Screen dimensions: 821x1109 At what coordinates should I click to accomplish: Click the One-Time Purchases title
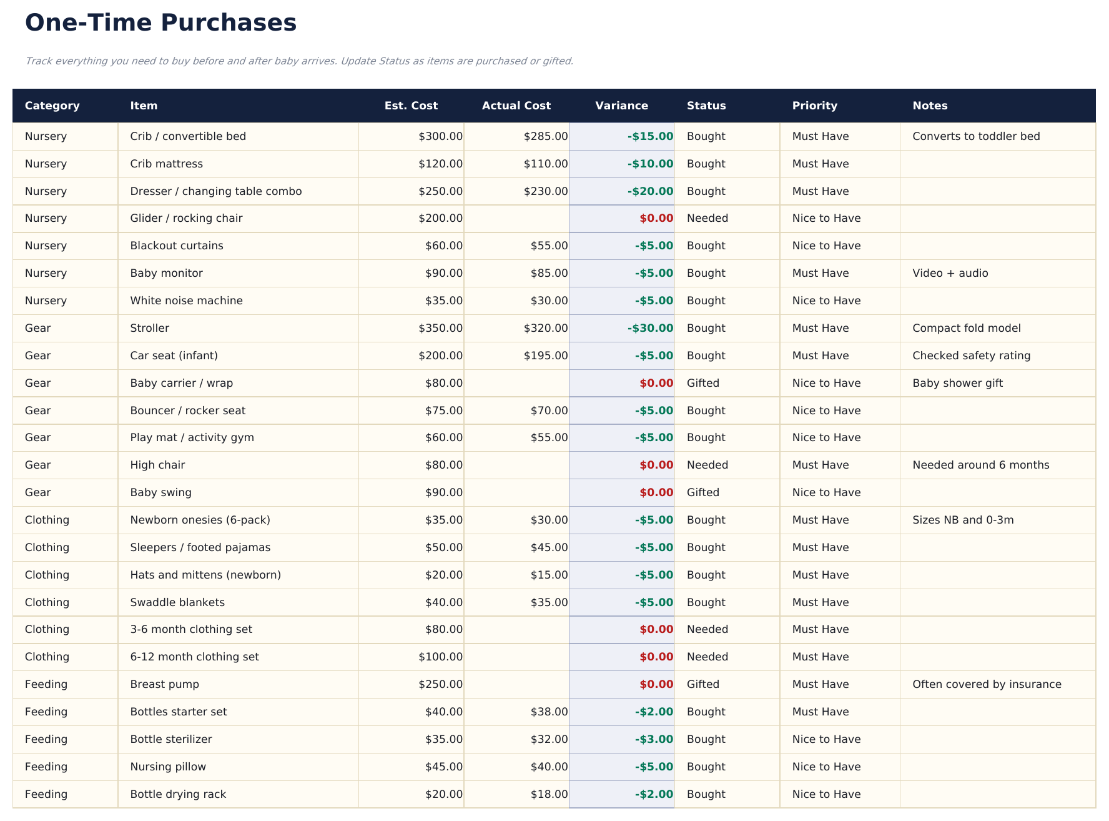160,23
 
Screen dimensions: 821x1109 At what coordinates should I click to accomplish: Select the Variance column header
621,106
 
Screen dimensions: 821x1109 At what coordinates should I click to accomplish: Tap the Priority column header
814,106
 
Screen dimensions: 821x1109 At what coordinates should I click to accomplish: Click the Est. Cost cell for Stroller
440,328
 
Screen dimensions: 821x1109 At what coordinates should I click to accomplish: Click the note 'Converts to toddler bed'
975,136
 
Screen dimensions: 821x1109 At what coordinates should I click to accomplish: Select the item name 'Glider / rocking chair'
186,218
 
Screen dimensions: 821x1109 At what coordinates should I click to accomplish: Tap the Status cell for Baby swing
702,492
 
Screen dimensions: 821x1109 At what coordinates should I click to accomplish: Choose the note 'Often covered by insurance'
987,684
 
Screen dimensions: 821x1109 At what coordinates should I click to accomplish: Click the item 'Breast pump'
164,684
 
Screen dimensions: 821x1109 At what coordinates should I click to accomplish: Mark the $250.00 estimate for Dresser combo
440,191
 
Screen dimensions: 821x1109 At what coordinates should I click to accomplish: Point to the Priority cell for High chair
820,465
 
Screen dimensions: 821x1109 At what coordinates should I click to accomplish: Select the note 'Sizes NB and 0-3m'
962,520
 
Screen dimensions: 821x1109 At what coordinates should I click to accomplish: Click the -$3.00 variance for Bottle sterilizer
654,739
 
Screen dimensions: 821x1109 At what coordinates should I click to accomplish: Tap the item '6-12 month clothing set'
194,657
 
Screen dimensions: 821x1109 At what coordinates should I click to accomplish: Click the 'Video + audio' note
950,273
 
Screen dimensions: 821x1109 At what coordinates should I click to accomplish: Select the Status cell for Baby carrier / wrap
702,383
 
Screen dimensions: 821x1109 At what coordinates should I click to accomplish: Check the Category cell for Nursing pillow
46,767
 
